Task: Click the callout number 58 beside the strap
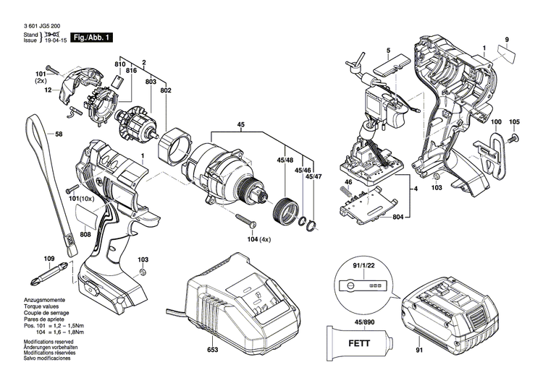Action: pyautogui.click(x=59, y=134)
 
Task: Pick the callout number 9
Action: pyautogui.click(x=507, y=38)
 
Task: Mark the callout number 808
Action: pyautogui.click(x=85, y=234)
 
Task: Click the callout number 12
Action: pyautogui.click(x=47, y=90)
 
